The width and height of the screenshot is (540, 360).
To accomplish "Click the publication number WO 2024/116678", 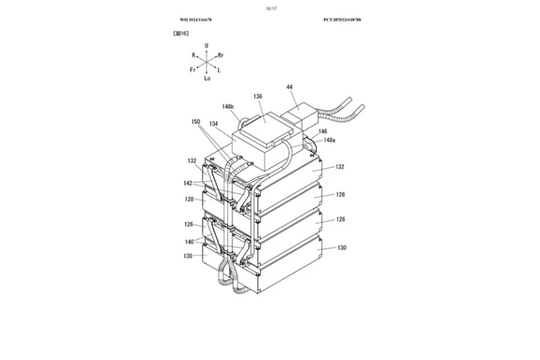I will click(196, 19).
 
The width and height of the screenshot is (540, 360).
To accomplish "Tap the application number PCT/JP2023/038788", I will click(342, 19).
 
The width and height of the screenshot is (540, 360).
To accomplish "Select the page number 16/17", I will click(270, 8).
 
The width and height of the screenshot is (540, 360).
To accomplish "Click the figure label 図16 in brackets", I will click(181, 33).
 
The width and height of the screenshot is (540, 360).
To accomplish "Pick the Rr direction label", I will click(220, 55).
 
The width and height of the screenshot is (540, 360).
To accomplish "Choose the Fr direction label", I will click(193, 70).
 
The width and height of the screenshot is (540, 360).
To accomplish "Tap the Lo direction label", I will click(206, 79).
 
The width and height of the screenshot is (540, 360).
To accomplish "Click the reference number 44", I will click(289, 87).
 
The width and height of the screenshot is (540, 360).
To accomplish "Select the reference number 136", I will click(258, 97).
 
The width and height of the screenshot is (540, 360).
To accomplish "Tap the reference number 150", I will click(196, 121).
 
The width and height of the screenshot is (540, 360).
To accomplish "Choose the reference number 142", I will click(188, 183).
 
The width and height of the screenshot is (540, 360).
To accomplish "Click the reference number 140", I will click(188, 241).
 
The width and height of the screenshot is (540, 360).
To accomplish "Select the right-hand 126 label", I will click(340, 219).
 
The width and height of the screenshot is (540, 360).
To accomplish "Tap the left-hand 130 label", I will click(189, 256).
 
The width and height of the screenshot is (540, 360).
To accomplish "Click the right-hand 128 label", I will click(340, 195).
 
